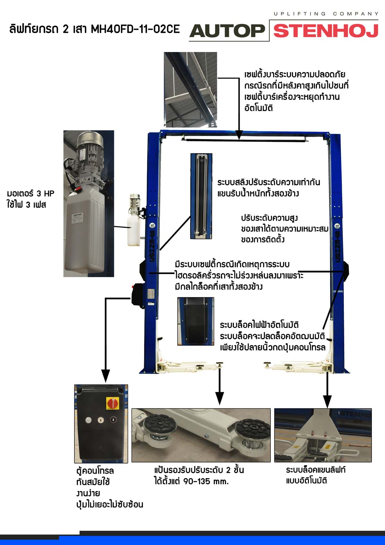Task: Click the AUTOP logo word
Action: point(227,31)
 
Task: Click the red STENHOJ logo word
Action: point(326,31)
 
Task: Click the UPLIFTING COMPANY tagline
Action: point(326,14)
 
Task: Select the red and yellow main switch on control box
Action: point(113,403)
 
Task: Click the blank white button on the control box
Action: point(89,420)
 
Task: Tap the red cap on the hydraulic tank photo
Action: point(78,189)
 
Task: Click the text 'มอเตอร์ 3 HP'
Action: point(30,194)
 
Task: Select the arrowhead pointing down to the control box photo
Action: point(106,376)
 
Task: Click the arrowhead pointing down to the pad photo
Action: point(220,398)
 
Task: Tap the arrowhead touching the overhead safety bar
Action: point(239,135)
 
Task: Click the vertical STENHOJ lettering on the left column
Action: point(152,246)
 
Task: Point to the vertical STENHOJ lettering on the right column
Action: point(338,246)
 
